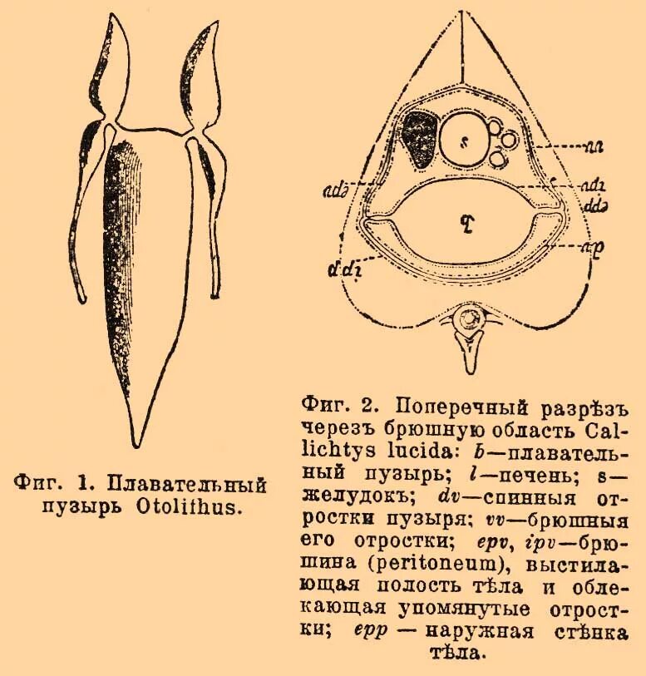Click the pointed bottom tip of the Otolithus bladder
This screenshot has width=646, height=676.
point(132,445)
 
